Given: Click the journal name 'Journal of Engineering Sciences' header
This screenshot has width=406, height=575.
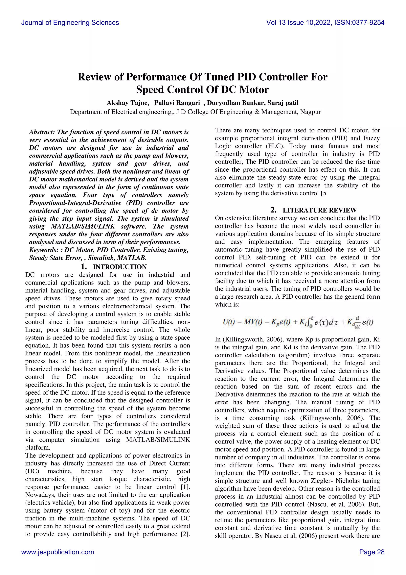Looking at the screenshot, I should (70, 23).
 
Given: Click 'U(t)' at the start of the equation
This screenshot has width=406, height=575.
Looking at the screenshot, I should (228, 322).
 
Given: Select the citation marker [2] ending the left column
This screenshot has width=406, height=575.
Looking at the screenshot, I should (185, 534).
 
